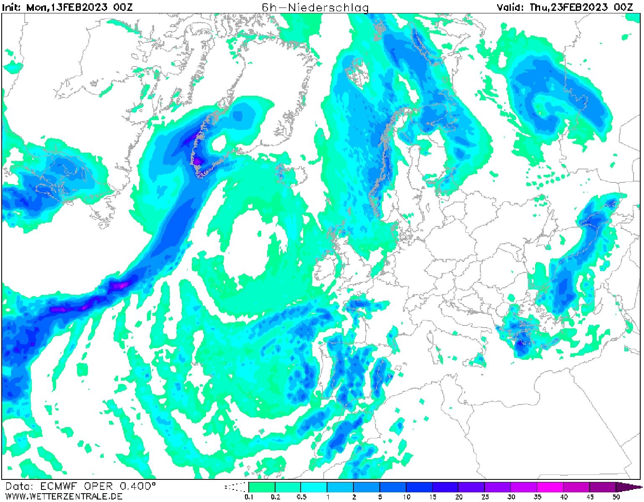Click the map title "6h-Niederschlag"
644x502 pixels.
[315, 7]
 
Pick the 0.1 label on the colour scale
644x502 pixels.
[249, 497]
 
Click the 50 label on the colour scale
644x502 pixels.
[616, 497]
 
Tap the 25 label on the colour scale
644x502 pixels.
[484, 497]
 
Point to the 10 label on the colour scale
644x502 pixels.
[406, 497]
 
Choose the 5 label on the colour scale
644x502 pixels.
[380, 497]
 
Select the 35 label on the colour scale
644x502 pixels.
[537, 497]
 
